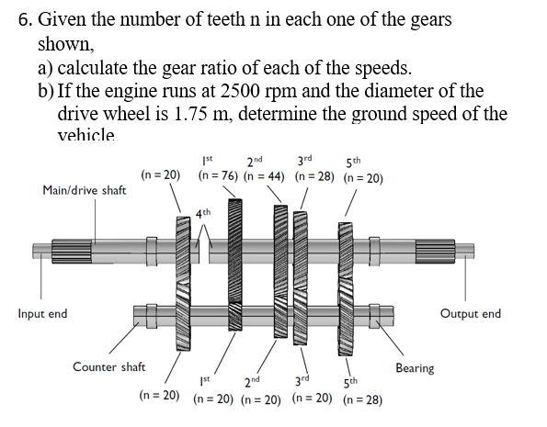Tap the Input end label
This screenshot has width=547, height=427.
click(x=43, y=314)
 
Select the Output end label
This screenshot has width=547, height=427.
click(x=471, y=314)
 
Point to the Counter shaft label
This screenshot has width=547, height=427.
click(x=109, y=367)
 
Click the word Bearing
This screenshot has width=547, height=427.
click(x=415, y=368)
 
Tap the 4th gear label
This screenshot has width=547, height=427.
click(x=203, y=213)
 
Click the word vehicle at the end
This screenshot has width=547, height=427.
click(x=87, y=136)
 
